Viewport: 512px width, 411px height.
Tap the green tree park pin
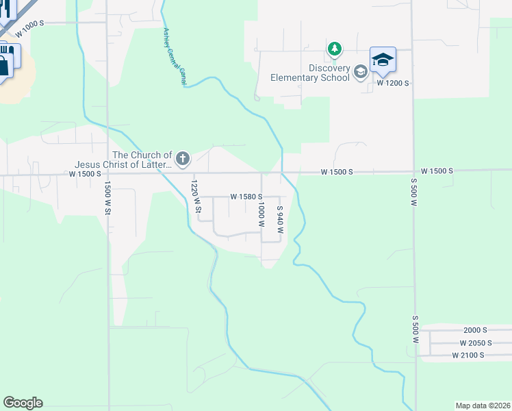tap(335, 49)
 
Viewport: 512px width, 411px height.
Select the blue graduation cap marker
tap(383, 60)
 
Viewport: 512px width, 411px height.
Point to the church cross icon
tap(182, 159)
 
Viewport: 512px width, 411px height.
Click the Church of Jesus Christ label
tap(142, 160)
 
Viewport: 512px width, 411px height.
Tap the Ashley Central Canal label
tap(175, 57)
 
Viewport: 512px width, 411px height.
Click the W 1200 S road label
tap(393, 83)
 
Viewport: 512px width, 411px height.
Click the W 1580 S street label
tap(246, 197)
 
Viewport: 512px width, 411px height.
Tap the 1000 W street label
tap(261, 214)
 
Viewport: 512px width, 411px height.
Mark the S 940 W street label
tap(279, 219)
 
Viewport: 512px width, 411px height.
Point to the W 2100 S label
tap(468, 355)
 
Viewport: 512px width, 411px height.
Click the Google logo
tap(23, 403)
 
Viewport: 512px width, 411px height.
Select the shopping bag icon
tap(4, 66)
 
